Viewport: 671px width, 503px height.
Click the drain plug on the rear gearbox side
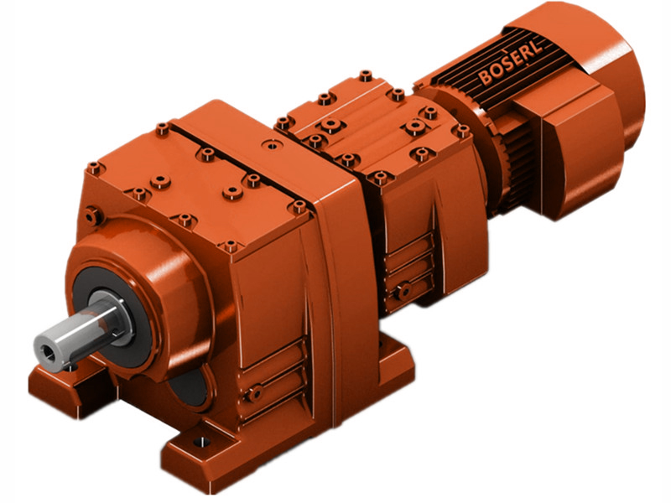(x=404, y=291)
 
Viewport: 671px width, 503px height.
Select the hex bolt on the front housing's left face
(x=95, y=216)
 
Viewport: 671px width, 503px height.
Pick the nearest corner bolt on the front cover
(x=229, y=246)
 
